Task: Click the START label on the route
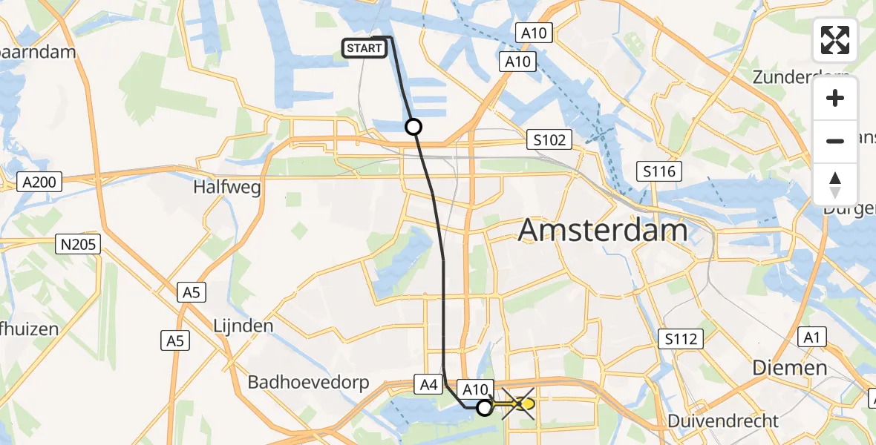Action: coord(364,48)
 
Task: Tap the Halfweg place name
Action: coord(227,187)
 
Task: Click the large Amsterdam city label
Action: coord(603,230)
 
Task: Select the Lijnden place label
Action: coord(243,325)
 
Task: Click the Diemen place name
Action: coord(789,367)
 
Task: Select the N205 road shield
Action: coord(79,244)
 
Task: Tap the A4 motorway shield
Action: coord(428,384)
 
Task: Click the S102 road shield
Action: coord(550,139)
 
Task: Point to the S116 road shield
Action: coord(658,172)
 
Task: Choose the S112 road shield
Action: coord(680,340)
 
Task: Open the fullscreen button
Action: coord(835,40)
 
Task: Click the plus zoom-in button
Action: coord(835,98)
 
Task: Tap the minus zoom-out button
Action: coord(835,141)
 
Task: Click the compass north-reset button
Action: coord(835,184)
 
